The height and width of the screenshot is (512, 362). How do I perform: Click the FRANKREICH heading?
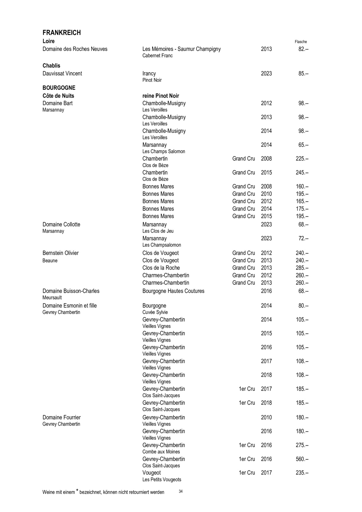pos(62,33)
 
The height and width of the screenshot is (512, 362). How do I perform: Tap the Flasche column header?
pos(301,42)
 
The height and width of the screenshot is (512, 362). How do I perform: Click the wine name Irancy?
pos(149,73)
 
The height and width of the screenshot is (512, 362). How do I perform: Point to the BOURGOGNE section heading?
pos(59,88)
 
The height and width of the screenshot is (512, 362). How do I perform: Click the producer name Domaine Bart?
pos(57,103)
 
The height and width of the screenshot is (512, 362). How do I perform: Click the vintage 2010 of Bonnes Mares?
pos(266,194)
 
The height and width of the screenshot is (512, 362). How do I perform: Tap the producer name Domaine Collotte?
pos(61,224)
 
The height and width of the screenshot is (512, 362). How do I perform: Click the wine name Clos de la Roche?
pos(161,268)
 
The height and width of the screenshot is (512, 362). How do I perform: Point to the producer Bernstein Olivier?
pos(60,253)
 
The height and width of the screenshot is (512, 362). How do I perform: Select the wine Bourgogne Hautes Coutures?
pos(173,291)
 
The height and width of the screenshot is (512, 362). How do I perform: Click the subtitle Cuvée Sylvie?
pos(155,312)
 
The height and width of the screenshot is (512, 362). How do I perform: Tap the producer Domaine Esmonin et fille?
pos(70,305)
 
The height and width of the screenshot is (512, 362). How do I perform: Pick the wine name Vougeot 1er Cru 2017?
pos(151,473)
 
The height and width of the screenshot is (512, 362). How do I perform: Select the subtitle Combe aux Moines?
pos(161,452)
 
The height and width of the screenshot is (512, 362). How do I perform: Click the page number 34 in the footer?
pos(181,491)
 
